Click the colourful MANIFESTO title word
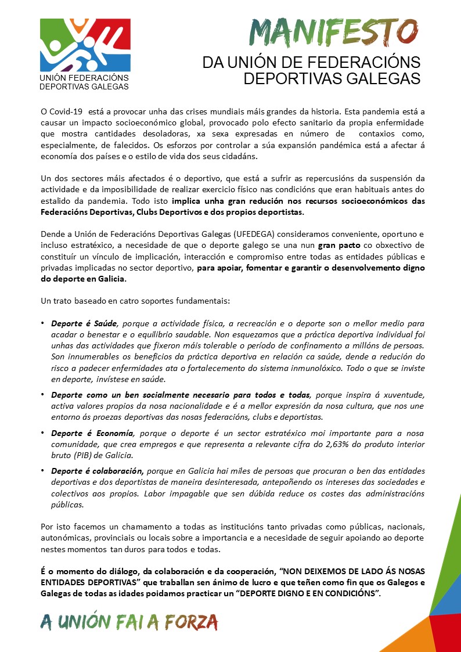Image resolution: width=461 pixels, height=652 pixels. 333,30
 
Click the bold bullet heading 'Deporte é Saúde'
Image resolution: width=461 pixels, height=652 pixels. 84,323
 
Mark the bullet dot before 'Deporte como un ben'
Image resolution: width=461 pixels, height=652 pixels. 42,395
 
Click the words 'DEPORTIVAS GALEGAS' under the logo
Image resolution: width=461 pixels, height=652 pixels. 84,87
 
